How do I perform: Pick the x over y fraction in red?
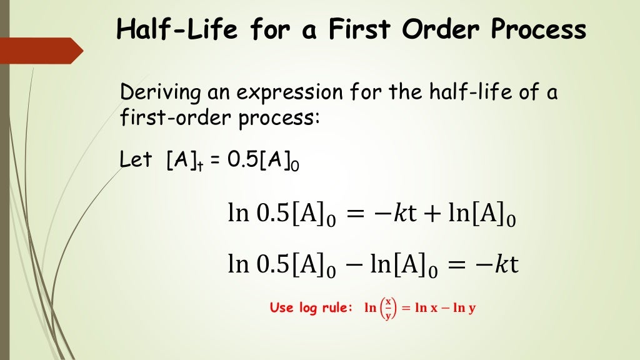click(x=388, y=308)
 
